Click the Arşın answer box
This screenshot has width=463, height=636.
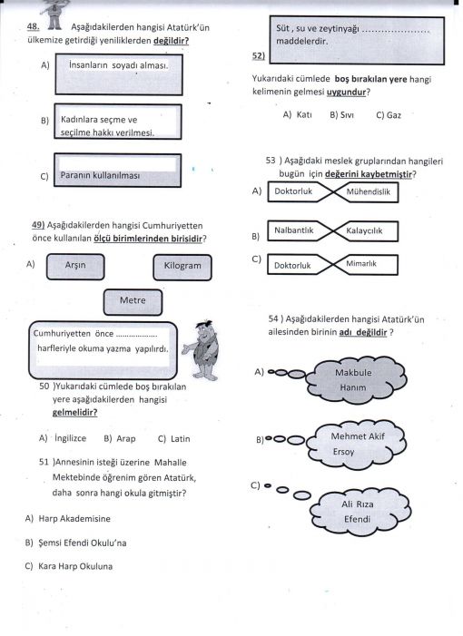[75, 267]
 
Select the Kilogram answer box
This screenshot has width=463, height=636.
[182, 268]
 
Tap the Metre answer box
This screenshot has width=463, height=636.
[133, 302]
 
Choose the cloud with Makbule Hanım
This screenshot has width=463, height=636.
[356, 380]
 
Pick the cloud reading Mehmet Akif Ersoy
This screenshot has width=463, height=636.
[356, 445]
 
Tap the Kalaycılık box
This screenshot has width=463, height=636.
[367, 231]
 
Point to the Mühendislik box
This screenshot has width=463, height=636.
[367, 191]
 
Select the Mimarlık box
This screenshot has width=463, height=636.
[367, 264]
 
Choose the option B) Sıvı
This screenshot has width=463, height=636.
[341, 115]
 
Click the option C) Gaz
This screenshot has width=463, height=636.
[389, 115]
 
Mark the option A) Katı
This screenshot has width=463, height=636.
[297, 115]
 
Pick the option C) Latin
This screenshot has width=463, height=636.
[173, 439]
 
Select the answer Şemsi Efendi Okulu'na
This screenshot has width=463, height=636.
[83, 543]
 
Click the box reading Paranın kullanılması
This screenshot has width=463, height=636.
[118, 171]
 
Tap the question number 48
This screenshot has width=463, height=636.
[33, 27]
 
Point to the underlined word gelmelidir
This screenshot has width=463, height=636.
[75, 413]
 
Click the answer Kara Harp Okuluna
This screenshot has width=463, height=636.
[75, 566]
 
